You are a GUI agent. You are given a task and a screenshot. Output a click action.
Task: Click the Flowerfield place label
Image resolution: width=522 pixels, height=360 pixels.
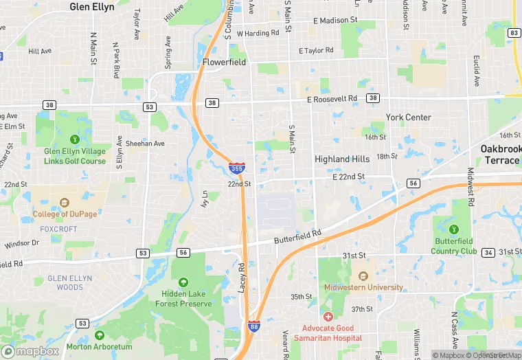tap(224, 62)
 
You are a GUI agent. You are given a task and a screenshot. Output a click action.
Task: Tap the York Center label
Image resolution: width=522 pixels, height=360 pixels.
tap(408, 117)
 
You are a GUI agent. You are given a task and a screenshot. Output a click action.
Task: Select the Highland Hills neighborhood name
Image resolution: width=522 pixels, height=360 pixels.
tap(342, 159)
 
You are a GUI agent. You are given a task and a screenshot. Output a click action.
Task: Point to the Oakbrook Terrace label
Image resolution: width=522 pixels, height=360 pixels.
tap(499, 155)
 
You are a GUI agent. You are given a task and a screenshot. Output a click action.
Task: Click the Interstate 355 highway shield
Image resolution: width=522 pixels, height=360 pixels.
tap(235, 167)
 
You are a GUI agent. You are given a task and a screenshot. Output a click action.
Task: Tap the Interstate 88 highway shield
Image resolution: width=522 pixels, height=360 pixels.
tap(253, 328)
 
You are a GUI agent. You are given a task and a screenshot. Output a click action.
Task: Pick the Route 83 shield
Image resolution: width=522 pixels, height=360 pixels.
tap(514, 33)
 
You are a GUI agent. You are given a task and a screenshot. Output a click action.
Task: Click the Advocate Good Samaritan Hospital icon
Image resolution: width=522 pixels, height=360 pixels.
tap(328, 317)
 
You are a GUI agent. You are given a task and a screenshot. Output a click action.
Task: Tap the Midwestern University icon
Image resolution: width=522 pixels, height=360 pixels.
tap(363, 274)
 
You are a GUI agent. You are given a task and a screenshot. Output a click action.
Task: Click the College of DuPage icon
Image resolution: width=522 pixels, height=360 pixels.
tap(65, 203)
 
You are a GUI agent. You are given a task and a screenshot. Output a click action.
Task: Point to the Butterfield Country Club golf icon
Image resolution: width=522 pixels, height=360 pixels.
tap(453, 229)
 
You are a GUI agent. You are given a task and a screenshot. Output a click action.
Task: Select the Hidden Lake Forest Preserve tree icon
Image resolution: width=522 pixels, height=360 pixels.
tap(183, 282)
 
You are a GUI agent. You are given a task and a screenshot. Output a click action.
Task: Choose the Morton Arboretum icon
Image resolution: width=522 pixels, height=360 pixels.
tap(100, 335)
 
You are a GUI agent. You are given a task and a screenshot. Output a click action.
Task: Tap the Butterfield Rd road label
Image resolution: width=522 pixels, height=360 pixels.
tap(297, 234)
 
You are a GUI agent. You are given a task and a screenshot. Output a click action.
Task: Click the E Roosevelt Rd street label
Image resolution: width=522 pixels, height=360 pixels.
tap(332, 99)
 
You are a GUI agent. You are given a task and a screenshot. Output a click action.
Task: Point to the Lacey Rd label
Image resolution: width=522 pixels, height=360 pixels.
tap(242, 278)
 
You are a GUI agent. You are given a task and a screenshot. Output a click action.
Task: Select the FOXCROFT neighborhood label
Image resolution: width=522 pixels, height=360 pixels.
tap(58, 228)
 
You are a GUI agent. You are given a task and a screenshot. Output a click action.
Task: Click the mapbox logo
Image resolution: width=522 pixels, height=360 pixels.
tap(30, 350)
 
